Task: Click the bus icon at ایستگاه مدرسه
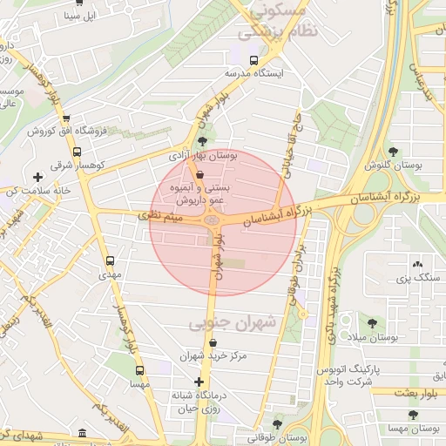tap(253, 61)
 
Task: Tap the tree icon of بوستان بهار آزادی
tap(203, 141)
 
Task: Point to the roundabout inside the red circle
tap(212, 220)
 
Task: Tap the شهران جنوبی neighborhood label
tap(232, 323)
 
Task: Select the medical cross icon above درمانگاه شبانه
tap(199, 382)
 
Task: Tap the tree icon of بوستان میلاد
tap(373, 322)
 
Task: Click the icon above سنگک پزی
tap(416, 264)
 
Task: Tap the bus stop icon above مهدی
tap(110, 260)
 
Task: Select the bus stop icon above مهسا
tap(139, 369)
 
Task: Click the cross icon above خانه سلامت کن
tap(37, 178)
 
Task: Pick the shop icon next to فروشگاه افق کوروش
tap(66, 118)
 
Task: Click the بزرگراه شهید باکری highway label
tap(332, 287)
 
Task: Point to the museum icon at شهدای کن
tap(82, 433)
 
